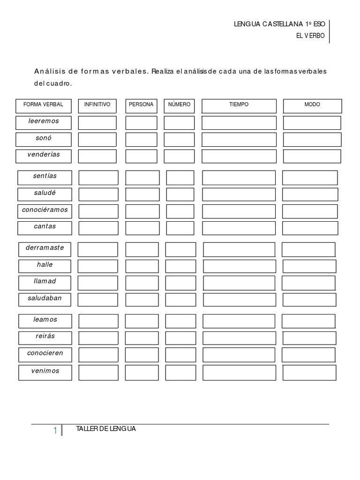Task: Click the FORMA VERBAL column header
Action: tap(43, 105)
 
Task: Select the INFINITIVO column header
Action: tap(97, 105)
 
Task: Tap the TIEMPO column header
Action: tap(239, 105)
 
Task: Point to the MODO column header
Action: tap(312, 105)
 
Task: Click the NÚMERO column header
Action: tap(179, 105)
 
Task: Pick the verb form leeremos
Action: tap(44, 121)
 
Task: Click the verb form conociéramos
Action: tap(45, 210)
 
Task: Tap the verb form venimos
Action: tap(45, 371)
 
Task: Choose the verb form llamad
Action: tap(45, 281)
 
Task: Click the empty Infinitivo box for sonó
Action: tap(97, 139)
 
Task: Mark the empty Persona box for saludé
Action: tap(142, 194)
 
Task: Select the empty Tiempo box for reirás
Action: tap(239, 338)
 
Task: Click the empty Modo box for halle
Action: tap(309, 266)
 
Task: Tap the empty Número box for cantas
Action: tap(180, 228)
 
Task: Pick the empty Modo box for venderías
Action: tap(312, 156)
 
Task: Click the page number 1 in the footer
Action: tap(55, 430)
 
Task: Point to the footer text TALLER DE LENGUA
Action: tap(106, 429)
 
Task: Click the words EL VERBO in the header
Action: tap(310, 36)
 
